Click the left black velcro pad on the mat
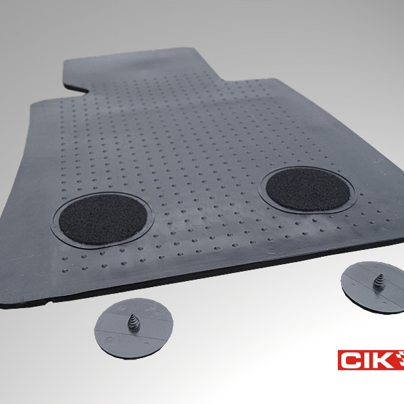(x=103, y=220)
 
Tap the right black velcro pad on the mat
(x=307, y=189)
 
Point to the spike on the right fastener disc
(x=379, y=281)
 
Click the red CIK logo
(x=371, y=359)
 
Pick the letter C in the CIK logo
(x=352, y=360)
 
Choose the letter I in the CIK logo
(x=368, y=360)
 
